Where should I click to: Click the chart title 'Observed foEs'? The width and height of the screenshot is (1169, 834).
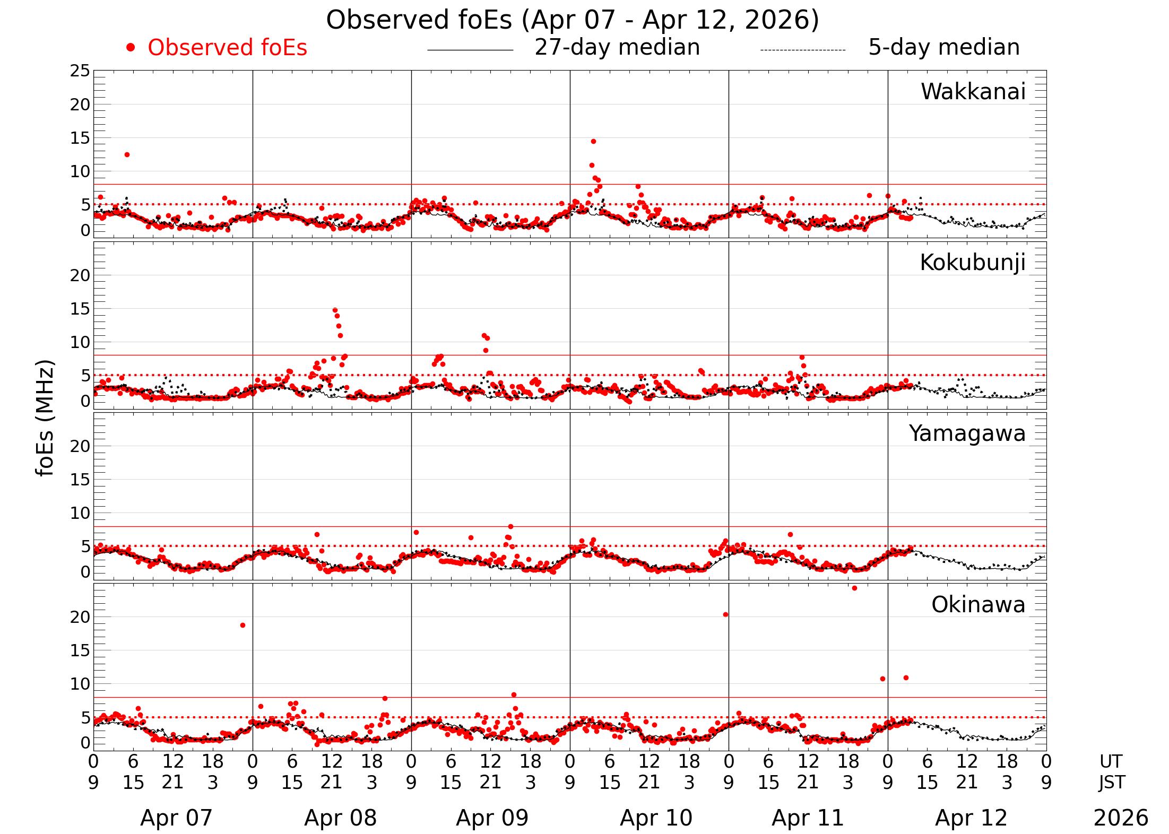point(572,20)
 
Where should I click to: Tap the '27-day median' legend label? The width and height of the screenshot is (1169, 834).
point(617,47)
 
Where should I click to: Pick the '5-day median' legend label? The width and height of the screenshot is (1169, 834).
point(943,47)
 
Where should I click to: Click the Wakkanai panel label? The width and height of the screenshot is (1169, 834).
point(973,92)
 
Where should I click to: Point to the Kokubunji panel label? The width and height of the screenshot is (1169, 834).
point(972,263)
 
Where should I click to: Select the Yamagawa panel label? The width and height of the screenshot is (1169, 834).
point(967,433)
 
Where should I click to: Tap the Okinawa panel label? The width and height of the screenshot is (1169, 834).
point(978,605)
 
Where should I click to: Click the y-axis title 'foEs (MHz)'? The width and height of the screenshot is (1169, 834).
point(46,419)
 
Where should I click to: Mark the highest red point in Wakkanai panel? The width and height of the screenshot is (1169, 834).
point(593,141)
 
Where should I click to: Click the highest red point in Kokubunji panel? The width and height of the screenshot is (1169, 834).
point(335,310)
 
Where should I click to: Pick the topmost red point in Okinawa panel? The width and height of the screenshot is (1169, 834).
point(854,588)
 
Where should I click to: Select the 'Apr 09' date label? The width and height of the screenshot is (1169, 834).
point(492,818)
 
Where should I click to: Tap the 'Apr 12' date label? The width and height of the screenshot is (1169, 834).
point(971,818)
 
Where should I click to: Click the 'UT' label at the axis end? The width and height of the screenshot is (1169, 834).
point(1111,761)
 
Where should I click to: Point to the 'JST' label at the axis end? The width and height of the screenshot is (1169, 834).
point(1111,782)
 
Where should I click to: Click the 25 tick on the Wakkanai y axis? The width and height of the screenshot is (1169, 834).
point(80,71)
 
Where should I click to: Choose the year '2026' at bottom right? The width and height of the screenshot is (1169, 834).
point(1121,818)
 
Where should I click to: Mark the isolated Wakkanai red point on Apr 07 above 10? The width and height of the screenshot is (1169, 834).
point(127,154)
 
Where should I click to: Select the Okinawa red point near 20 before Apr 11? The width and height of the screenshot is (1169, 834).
point(725,614)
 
